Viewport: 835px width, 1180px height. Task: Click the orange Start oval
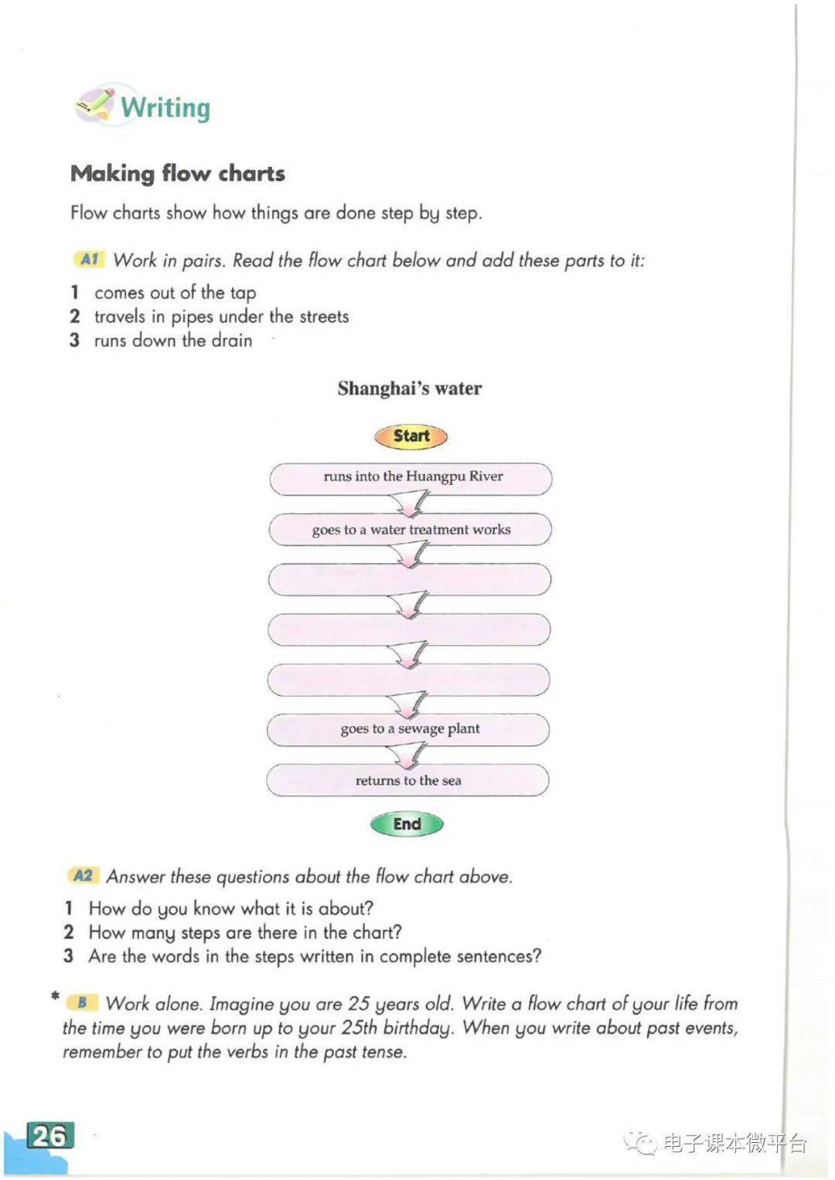[411, 436]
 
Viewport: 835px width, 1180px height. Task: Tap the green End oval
[407, 824]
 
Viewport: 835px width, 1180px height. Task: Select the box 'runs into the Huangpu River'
[411, 478]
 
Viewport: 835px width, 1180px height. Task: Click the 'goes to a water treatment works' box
[411, 530]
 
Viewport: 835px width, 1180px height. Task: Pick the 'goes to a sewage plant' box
[409, 728]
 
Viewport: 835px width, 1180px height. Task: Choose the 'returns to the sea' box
[408, 780]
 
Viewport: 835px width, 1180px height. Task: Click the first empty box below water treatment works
[410, 580]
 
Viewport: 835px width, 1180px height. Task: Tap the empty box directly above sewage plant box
[409, 679]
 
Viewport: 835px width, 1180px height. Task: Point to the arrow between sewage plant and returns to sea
[407, 755]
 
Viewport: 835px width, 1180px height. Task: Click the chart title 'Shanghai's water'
[409, 388]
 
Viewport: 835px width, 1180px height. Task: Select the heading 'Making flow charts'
[178, 173]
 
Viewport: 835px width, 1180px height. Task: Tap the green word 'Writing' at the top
[165, 107]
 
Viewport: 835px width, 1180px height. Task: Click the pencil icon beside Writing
[95, 104]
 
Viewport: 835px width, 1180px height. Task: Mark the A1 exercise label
[89, 260]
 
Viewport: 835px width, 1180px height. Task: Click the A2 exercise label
[83, 875]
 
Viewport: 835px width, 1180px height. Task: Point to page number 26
[49, 1135]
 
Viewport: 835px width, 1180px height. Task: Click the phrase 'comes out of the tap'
[175, 292]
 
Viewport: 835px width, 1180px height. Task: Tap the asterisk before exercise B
[55, 995]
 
